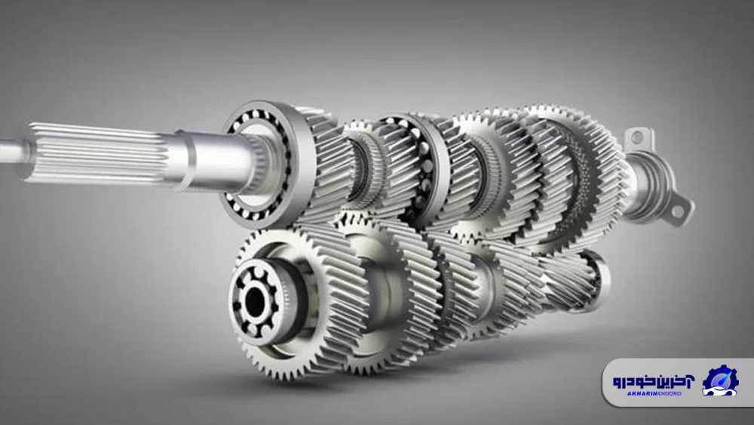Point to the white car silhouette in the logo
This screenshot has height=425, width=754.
click(719, 384)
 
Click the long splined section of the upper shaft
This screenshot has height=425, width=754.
click(98, 151)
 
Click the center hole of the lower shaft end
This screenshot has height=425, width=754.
click(256, 303)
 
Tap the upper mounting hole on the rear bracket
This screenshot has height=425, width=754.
click(637, 138)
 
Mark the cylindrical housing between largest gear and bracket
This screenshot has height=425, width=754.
click(641, 185)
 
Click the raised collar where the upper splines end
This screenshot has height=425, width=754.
click(181, 159)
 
